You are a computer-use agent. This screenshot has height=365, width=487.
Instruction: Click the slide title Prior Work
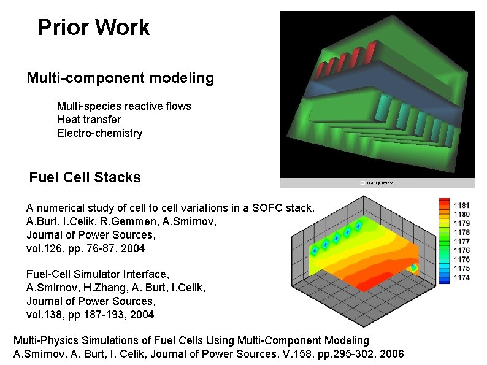coord(93,28)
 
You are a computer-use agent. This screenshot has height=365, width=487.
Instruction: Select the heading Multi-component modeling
coord(120,79)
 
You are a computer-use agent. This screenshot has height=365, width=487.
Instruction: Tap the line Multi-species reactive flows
coord(124,106)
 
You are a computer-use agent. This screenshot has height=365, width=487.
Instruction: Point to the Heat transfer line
coord(88,120)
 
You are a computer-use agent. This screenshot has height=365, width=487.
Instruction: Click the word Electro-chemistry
coord(99,133)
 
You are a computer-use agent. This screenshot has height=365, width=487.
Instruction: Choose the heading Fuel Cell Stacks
coord(85,178)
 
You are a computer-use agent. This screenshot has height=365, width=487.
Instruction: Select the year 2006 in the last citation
coord(392,354)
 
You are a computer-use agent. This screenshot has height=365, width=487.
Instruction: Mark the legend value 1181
coord(461,205)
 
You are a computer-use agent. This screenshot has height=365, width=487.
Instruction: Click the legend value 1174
coord(461,278)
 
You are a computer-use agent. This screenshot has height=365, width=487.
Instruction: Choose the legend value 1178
coord(461,232)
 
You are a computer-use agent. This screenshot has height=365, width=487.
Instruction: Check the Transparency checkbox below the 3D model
coord(363,183)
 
